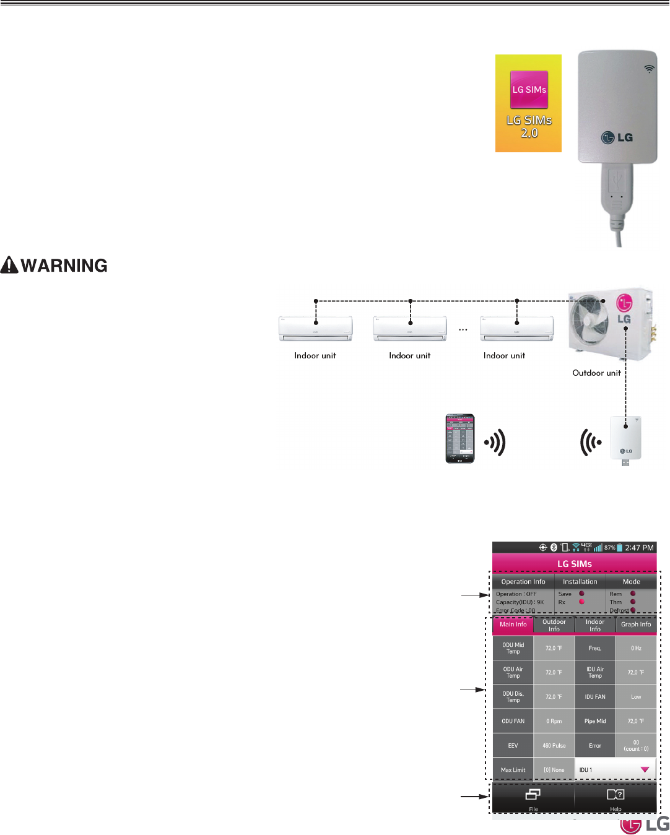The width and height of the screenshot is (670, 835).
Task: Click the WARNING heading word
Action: (x=64, y=266)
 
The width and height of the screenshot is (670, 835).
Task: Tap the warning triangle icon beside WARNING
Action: (x=9, y=265)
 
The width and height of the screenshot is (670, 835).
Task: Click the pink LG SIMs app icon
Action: (x=529, y=90)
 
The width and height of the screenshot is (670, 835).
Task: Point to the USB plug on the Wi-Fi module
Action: (x=614, y=189)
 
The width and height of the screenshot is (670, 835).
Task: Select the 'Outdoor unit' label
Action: (x=596, y=373)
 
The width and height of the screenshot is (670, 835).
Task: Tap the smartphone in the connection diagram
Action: (x=460, y=438)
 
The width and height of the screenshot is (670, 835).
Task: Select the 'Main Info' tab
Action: (x=513, y=625)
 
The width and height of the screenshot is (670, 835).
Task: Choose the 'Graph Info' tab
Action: (x=636, y=625)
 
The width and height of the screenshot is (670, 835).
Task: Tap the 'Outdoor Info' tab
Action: (x=554, y=625)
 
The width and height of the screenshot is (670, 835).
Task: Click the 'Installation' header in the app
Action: (x=580, y=582)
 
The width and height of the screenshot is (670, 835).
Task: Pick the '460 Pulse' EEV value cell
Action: (x=554, y=745)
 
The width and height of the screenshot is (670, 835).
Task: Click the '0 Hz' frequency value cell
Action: (x=636, y=648)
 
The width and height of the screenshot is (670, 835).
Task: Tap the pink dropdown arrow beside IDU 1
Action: (x=645, y=770)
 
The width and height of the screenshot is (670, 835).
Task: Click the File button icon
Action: (x=533, y=794)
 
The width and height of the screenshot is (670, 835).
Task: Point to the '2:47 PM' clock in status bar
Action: (x=639, y=548)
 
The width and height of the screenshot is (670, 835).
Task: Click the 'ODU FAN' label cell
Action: (x=513, y=721)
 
